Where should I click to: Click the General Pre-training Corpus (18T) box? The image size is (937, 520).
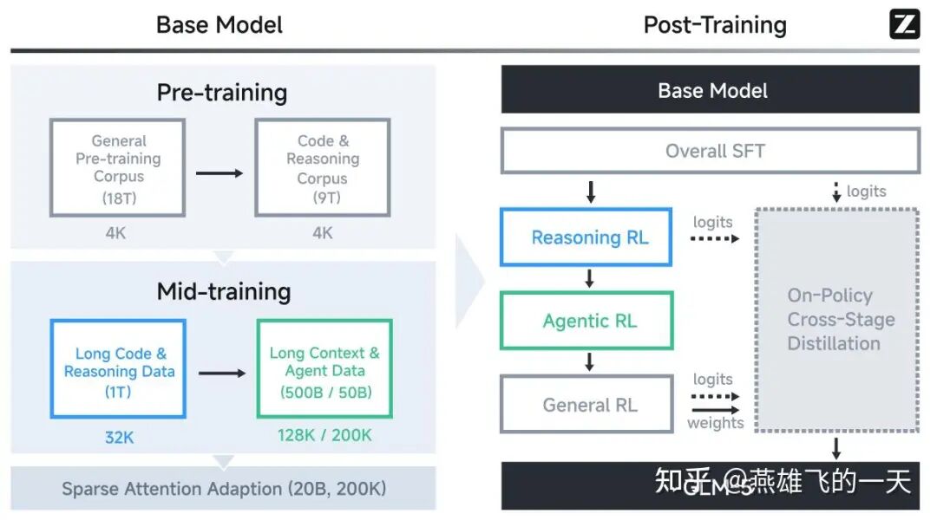118,168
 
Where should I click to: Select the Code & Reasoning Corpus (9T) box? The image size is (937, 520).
322,168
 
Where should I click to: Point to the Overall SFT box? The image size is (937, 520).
710,151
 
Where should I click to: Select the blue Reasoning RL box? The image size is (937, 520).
586,237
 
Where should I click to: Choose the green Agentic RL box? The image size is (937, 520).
586,321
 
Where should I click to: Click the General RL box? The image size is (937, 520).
586,404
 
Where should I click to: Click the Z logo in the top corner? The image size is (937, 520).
904,24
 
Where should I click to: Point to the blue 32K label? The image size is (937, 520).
120,437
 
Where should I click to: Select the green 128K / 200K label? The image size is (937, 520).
325,434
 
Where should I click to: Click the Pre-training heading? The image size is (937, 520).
222,93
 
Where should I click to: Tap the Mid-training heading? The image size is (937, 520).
223,291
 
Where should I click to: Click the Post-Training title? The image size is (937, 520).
714,25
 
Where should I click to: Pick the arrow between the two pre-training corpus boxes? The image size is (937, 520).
220,172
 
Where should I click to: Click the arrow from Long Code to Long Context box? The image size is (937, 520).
222,373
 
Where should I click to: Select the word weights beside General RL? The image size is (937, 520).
715,423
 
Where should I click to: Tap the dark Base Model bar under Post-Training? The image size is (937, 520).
710,90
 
